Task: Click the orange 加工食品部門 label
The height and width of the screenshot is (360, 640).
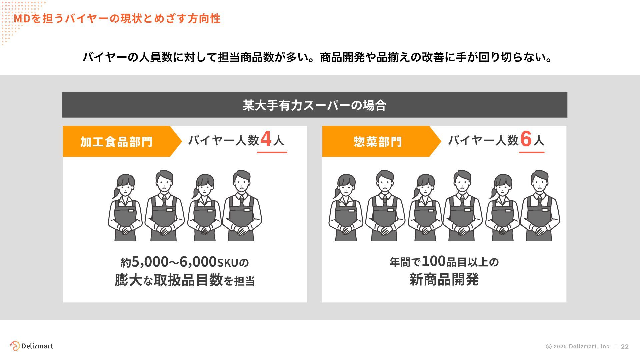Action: click(116, 142)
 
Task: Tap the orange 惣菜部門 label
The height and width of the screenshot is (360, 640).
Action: click(377, 142)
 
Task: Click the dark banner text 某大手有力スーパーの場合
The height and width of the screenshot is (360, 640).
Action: click(314, 105)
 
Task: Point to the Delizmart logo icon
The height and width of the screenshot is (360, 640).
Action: click(15, 346)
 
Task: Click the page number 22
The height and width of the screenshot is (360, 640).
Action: click(625, 347)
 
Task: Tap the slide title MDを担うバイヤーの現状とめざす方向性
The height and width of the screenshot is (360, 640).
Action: click(117, 19)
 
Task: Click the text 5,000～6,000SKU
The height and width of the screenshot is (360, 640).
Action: click(185, 262)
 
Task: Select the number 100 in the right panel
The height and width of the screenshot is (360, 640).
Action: click(434, 261)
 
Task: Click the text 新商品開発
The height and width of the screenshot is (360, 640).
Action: click(444, 279)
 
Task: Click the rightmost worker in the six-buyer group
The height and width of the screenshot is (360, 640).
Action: click(540, 207)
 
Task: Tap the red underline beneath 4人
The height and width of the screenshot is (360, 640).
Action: click(272, 152)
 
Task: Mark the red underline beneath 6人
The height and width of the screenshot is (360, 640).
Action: click(532, 152)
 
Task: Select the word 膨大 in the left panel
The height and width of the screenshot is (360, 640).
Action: click(128, 280)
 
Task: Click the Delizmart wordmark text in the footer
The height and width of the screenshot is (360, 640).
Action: click(37, 346)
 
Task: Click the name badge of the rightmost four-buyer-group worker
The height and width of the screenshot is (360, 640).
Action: click(247, 210)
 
